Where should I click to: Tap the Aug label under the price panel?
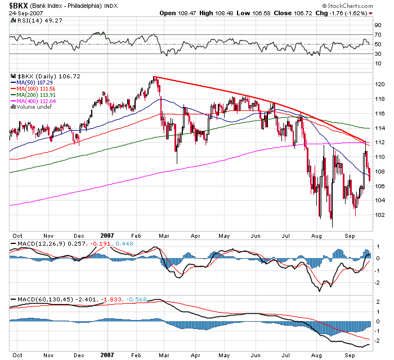pos(316,237)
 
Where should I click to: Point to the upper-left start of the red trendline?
pos(154,77)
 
